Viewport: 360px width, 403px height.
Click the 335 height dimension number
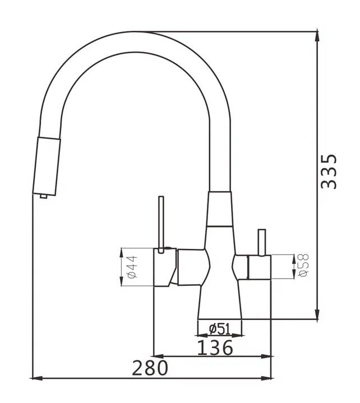coord(329,172)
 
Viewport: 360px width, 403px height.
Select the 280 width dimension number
coord(150,368)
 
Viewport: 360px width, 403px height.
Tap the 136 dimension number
coord(215,347)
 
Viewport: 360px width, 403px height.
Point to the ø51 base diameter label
coord(220,328)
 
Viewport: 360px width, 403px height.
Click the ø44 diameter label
coord(132,267)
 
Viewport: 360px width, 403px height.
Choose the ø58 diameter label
coord(303,265)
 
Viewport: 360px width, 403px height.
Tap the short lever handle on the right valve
coord(262,242)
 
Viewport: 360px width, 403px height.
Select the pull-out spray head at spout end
coord(47,166)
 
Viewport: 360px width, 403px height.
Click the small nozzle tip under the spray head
coord(43,196)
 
